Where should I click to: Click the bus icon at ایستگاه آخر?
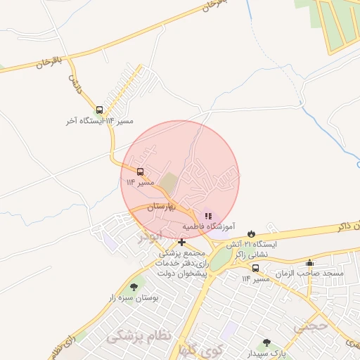point(99,110)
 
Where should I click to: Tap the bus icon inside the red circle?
point(140,172)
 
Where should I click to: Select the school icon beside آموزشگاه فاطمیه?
point(208,215)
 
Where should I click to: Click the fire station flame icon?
point(251,233)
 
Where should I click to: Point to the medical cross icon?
point(181,243)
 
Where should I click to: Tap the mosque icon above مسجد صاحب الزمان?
point(310,263)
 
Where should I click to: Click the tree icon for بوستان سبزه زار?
point(134,287)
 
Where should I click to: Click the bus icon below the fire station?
point(255,268)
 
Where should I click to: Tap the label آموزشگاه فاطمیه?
point(209,227)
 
